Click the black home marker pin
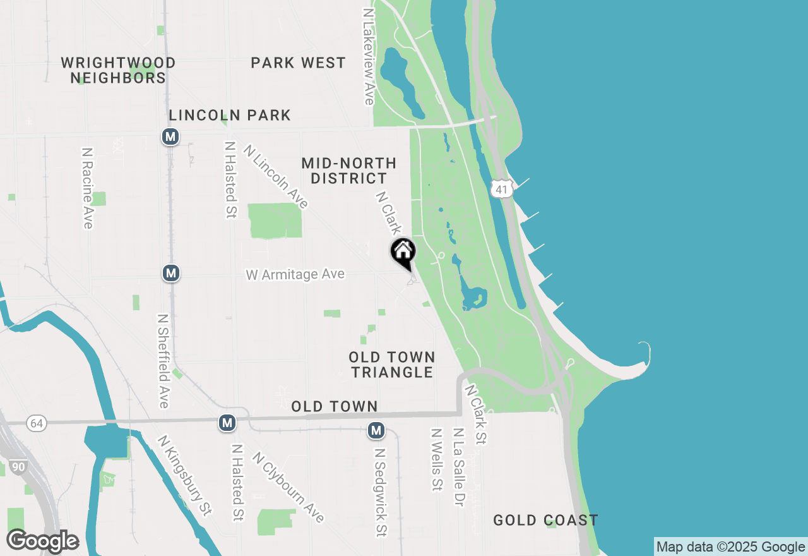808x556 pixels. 403,251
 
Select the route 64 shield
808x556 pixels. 37,423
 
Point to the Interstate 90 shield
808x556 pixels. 18,467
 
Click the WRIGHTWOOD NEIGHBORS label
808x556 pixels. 118,70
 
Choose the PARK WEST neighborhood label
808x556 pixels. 298,63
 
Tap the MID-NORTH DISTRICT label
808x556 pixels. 348,171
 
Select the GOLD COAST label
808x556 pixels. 545,520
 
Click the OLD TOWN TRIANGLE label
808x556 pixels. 392,365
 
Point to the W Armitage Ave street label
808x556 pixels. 295,274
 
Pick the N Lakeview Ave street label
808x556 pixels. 369,56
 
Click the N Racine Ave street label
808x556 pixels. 87,188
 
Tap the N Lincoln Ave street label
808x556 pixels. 276,177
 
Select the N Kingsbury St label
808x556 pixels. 184,475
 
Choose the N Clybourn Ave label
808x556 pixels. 288,487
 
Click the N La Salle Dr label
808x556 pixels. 458,467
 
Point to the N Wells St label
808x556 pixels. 436,459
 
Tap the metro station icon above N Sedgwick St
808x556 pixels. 376,430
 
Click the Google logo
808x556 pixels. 42,541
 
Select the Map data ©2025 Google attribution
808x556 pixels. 730,547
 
